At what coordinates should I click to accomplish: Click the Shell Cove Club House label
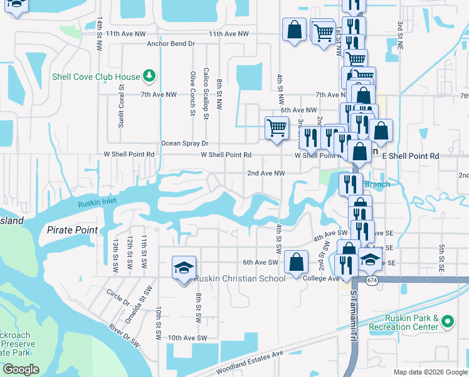(x=96, y=77)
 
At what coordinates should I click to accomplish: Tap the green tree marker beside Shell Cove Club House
(x=149, y=77)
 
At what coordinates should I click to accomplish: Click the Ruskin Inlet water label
(x=98, y=203)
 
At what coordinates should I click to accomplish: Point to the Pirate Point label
(x=73, y=230)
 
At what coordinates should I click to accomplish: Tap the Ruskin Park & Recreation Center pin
(x=447, y=322)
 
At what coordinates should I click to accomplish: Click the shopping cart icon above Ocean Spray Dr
(x=276, y=128)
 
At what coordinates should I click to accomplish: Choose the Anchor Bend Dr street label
(x=171, y=44)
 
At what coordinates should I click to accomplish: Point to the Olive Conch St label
(x=193, y=94)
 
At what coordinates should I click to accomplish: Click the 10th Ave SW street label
(x=187, y=337)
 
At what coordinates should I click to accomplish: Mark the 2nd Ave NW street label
(x=266, y=173)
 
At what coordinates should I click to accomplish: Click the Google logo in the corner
(x=21, y=369)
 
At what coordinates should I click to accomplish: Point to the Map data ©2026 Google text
(x=429, y=372)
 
